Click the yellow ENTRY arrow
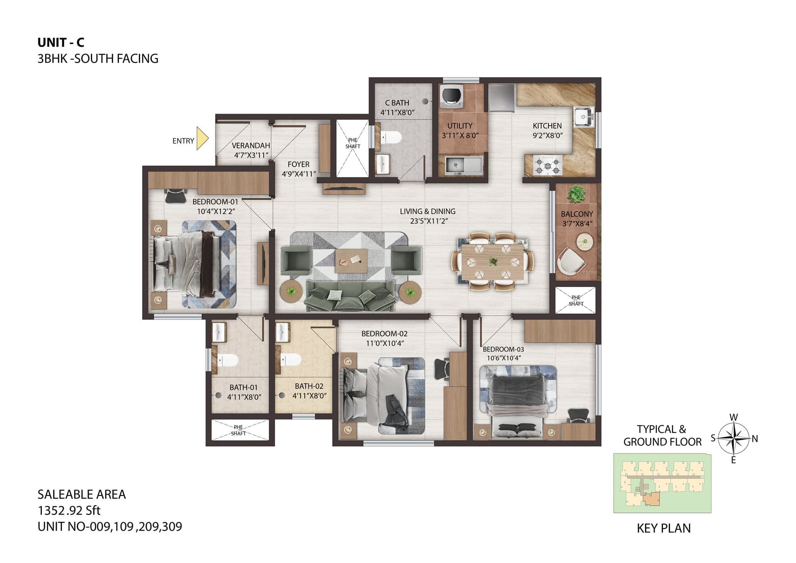click(202, 138)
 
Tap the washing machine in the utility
click(449, 95)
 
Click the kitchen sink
click(584, 116)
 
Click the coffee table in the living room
click(351, 261)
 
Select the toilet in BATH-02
click(291, 359)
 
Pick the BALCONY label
click(577, 214)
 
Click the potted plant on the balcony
click(576, 194)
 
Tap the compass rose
click(733, 438)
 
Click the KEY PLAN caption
click(664, 528)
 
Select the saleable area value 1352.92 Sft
click(69, 510)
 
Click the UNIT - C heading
click(61, 42)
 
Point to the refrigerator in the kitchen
click(502, 98)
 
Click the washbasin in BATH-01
click(218, 332)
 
